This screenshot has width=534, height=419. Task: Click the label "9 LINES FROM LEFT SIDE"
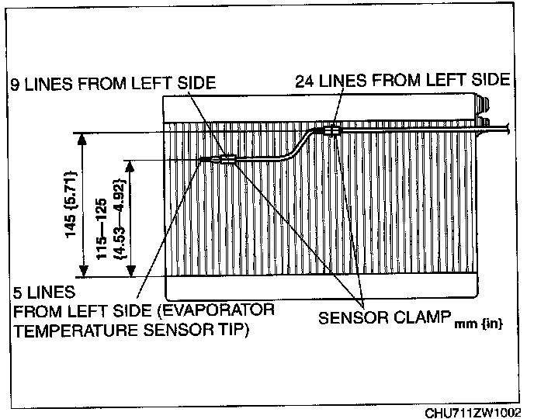tap(112, 82)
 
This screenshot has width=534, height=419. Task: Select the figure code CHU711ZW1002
tap(473, 411)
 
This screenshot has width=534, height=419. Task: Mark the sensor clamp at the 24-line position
tap(333, 130)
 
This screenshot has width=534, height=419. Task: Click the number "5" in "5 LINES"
tap(18, 294)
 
